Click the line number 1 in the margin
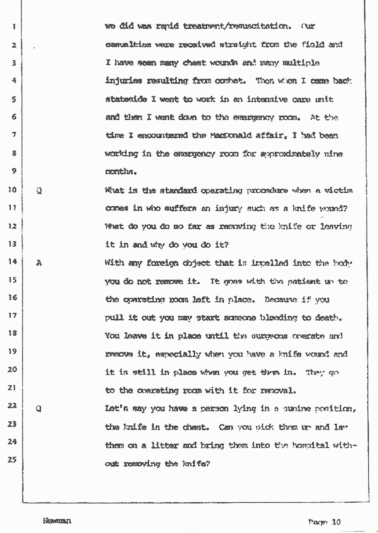pos(15,26)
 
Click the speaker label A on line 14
pos(39,263)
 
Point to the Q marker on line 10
pos(39,191)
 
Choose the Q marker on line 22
pos(39,407)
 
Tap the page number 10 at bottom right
pos(337,522)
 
